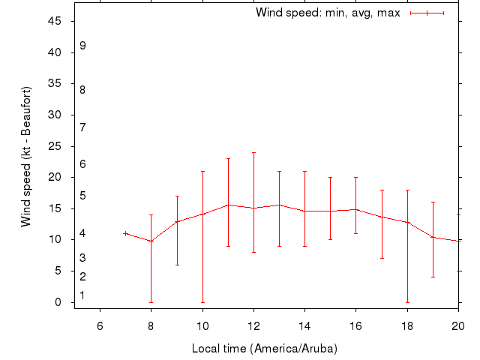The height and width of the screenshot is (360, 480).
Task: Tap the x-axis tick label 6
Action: [x=100, y=325]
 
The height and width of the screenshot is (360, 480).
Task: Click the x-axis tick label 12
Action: [x=253, y=325]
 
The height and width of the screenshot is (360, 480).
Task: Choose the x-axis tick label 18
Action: [x=407, y=325]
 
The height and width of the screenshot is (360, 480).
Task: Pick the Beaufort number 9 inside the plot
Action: [x=82, y=46]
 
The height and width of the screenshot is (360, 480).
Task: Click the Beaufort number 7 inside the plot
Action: [x=82, y=127]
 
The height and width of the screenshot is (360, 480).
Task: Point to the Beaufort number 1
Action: [x=82, y=295]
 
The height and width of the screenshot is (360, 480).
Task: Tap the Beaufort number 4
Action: [x=82, y=234]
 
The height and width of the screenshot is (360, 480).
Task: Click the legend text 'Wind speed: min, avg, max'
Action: [x=328, y=13]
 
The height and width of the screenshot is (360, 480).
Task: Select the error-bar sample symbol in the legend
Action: [x=427, y=13]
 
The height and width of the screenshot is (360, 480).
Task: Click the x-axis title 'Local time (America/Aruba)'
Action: [x=265, y=349]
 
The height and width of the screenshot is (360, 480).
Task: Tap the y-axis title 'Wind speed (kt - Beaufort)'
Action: [x=26, y=157]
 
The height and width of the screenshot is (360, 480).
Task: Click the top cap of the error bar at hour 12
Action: [x=253, y=152]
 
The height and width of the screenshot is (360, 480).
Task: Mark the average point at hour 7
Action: [x=125, y=233]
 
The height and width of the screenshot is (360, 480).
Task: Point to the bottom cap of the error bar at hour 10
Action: [x=202, y=302]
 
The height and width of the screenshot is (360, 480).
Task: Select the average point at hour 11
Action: [x=228, y=205]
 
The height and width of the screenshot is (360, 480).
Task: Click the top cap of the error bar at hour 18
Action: [x=407, y=190]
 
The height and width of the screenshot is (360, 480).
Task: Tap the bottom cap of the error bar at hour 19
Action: [x=433, y=277]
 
